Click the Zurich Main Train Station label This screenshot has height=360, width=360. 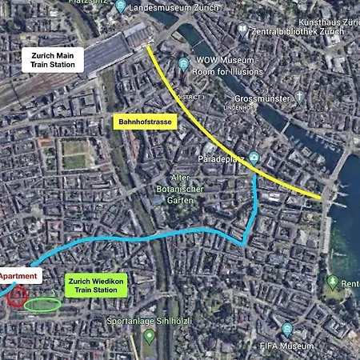pyautogui.click(x=53, y=61)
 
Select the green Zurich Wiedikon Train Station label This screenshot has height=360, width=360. pyautogui.click(x=96, y=286)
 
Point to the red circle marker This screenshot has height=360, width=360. pyautogui.click(x=18, y=299)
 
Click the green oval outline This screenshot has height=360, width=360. pyautogui.click(x=42, y=305)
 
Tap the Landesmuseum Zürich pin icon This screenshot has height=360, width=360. pyautogui.click(x=121, y=7)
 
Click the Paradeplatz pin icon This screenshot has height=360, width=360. pyautogui.click(x=254, y=158)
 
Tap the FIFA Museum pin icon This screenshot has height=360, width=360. pyautogui.click(x=287, y=329)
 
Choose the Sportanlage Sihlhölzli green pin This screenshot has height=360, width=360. pyautogui.click(x=149, y=334)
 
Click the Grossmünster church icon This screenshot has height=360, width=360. pyautogui.click(x=300, y=98)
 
